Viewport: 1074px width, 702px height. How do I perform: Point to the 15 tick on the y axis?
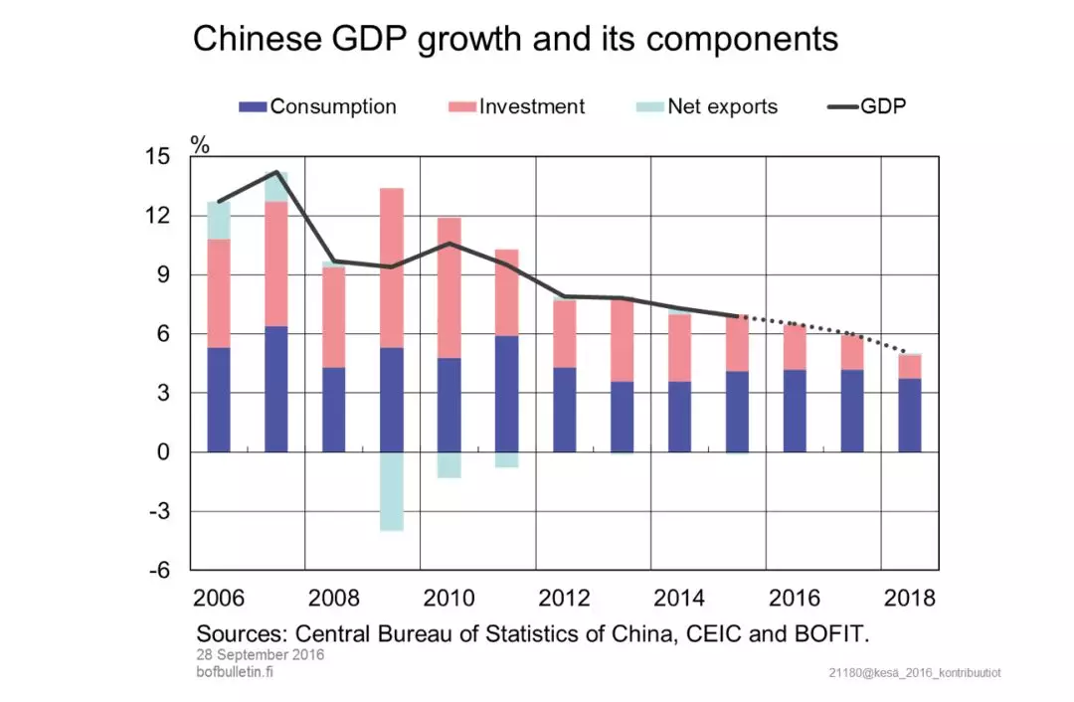tap(158, 157)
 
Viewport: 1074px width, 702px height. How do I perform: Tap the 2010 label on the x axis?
tap(449, 599)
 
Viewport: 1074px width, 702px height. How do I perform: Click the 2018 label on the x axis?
tap(910, 599)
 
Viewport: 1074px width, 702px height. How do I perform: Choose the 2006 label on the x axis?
tap(219, 599)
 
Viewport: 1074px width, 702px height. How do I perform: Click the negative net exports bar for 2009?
tap(392, 491)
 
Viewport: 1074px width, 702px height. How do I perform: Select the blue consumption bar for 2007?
tap(276, 389)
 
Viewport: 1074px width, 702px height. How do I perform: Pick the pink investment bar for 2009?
tap(392, 267)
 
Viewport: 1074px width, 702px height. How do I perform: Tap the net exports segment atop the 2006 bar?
tap(219, 221)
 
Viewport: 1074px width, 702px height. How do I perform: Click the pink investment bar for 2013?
tap(622, 340)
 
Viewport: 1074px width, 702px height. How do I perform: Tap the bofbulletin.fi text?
tap(235, 672)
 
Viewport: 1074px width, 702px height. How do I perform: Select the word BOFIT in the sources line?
tap(835, 633)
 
